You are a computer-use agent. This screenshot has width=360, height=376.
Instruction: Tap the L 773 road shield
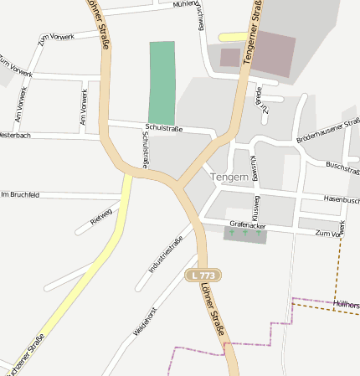[203, 275]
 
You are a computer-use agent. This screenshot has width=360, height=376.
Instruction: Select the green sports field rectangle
[162, 82]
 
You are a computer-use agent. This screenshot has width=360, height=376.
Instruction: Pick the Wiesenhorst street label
[145, 322]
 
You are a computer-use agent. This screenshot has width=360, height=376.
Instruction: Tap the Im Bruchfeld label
[20, 194]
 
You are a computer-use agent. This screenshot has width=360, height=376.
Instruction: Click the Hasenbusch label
[341, 200]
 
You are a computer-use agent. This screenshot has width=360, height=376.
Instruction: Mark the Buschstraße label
[342, 167]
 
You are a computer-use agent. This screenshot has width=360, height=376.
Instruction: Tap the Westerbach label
[15, 135]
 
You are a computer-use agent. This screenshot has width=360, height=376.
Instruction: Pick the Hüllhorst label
[347, 304]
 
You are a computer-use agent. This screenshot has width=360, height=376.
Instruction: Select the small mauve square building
[229, 58]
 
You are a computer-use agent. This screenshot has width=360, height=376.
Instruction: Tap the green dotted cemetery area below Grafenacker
[245, 235]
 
